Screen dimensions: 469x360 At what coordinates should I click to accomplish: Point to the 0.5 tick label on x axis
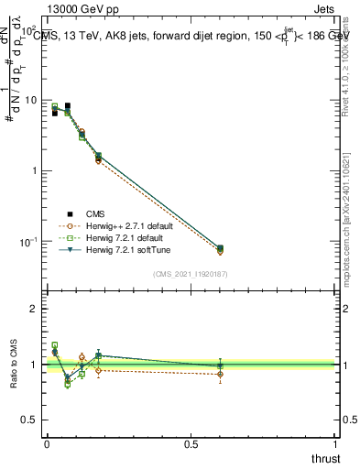191,444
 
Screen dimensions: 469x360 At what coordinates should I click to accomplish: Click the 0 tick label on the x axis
47,444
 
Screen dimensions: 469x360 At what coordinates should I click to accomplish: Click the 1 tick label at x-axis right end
335,444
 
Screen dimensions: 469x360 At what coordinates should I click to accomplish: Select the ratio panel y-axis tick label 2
34,309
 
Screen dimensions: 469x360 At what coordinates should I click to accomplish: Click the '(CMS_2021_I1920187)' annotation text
191,272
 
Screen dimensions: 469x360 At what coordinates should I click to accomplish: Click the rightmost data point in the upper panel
220,248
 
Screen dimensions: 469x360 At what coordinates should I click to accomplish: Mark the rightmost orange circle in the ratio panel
220,374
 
